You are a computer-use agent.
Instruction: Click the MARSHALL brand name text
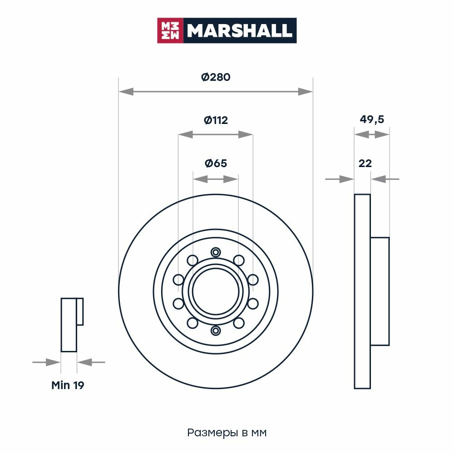(239, 30)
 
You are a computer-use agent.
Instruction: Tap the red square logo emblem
(170, 30)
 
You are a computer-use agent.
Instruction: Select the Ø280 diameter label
(216, 77)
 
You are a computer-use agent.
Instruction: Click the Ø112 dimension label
(216, 120)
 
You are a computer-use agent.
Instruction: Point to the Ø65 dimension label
(216, 163)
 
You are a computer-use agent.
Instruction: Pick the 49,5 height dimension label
(372, 119)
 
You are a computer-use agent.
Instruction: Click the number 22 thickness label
(365, 163)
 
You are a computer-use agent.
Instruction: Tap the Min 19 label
(68, 385)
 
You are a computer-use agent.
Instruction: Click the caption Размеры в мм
(227, 433)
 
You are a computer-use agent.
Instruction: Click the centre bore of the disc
(216, 291)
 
